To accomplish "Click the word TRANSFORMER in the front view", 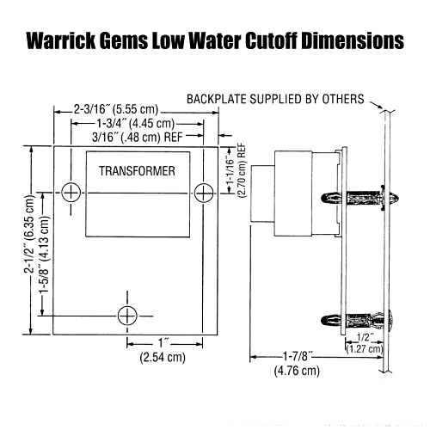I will (x=137, y=171).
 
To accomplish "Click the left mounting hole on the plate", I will (x=75, y=190).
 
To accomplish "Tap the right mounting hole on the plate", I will (x=204, y=190).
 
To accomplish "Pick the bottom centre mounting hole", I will (x=127, y=315).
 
